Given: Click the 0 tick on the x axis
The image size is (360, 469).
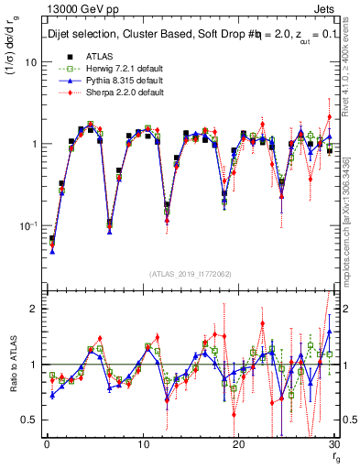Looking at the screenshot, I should click(x=46, y=444).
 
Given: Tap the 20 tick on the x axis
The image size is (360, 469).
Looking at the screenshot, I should click(x=238, y=444).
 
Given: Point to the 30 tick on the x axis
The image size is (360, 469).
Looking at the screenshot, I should click(x=333, y=444).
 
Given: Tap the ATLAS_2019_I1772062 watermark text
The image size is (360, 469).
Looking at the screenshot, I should click(x=191, y=273).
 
